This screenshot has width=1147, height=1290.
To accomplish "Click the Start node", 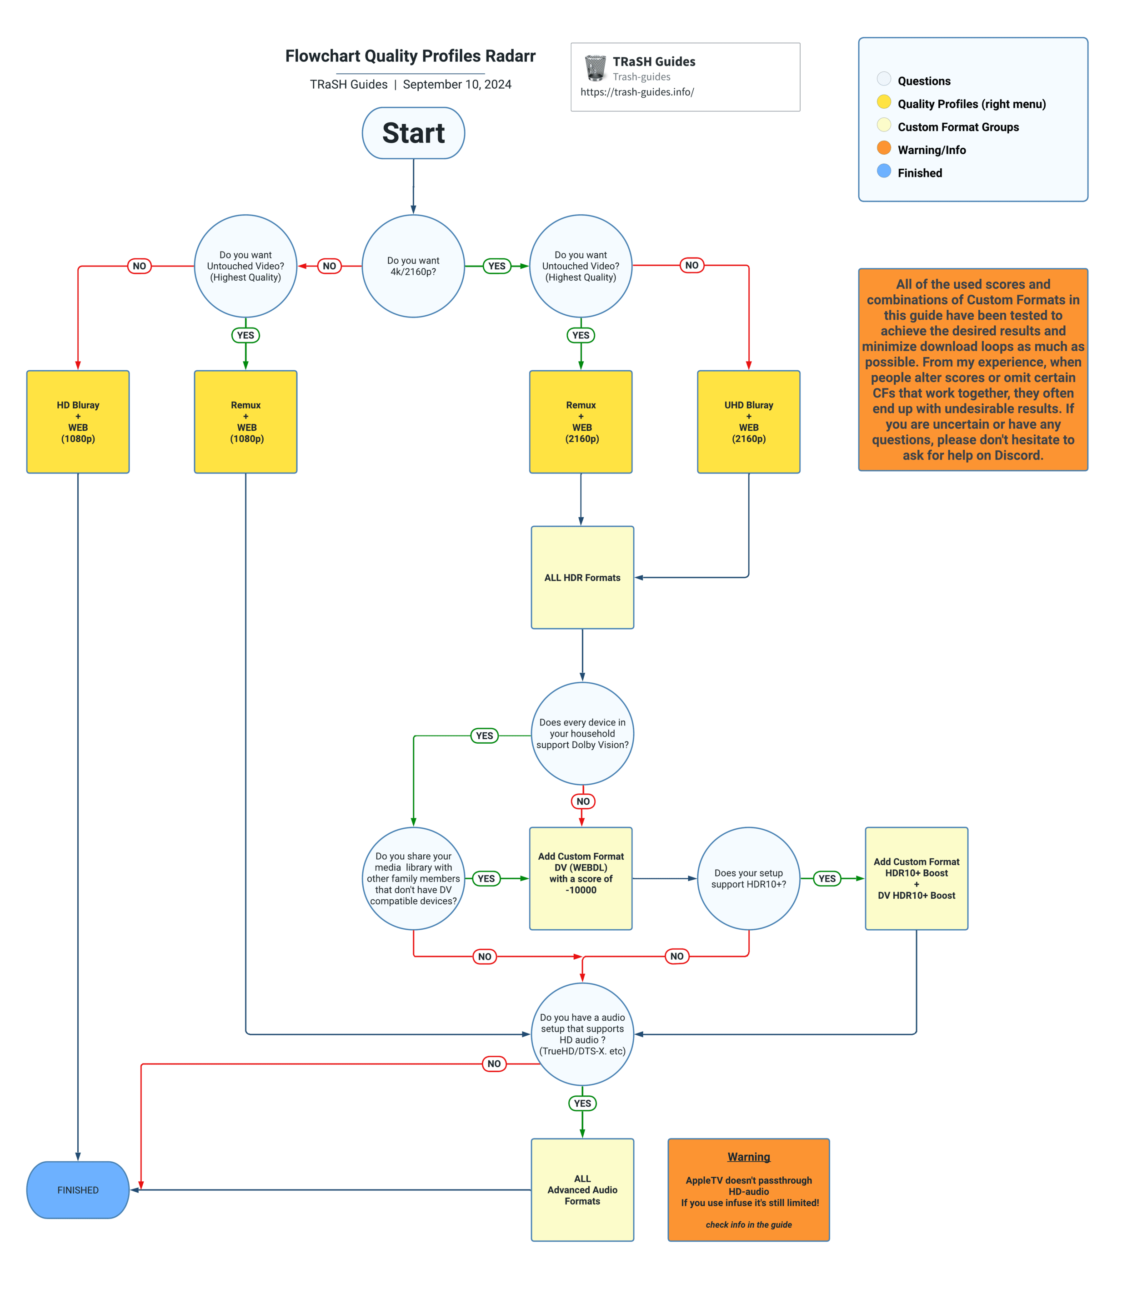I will click(413, 133).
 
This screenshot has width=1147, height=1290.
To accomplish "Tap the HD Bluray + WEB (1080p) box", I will click(78, 422).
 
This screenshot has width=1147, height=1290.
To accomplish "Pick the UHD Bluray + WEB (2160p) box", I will click(748, 422).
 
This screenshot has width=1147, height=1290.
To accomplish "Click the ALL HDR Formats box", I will click(582, 578).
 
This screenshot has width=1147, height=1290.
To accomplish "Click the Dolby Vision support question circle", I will click(582, 733).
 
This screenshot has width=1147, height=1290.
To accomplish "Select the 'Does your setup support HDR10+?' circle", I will click(748, 878).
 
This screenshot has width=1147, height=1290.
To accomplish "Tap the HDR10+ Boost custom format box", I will click(916, 878).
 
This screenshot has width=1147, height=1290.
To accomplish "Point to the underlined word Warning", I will click(748, 1157).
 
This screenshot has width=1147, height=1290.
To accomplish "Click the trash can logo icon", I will click(595, 68).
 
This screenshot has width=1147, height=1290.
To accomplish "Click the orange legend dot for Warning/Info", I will click(883, 148).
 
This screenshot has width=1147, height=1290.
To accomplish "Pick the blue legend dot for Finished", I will click(883, 171).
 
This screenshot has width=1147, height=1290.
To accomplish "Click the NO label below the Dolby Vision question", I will click(583, 801).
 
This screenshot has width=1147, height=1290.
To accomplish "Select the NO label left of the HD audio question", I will click(494, 1064).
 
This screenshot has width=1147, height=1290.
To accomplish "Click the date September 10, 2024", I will click(457, 85).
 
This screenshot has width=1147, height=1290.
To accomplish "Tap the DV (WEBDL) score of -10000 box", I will click(581, 878).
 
